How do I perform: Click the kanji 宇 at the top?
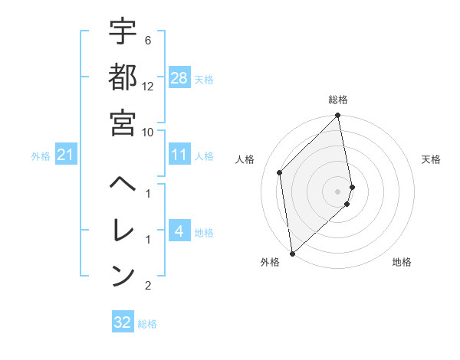[123, 32]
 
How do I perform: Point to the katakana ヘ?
[123, 185]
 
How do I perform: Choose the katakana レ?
[123, 229]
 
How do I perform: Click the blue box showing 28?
[179, 77]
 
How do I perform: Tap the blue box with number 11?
[179, 155]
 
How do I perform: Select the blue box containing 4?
[179, 231]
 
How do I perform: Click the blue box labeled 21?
[65, 155]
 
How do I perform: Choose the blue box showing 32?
[122, 322]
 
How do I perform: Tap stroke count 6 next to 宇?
[147, 40]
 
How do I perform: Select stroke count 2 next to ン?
[147, 286]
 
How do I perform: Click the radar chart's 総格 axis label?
[338, 100]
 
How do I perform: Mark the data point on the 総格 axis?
[338, 116]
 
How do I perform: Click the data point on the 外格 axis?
[292, 253]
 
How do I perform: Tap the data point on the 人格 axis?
[280, 172]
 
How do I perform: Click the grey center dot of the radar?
[338, 191]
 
